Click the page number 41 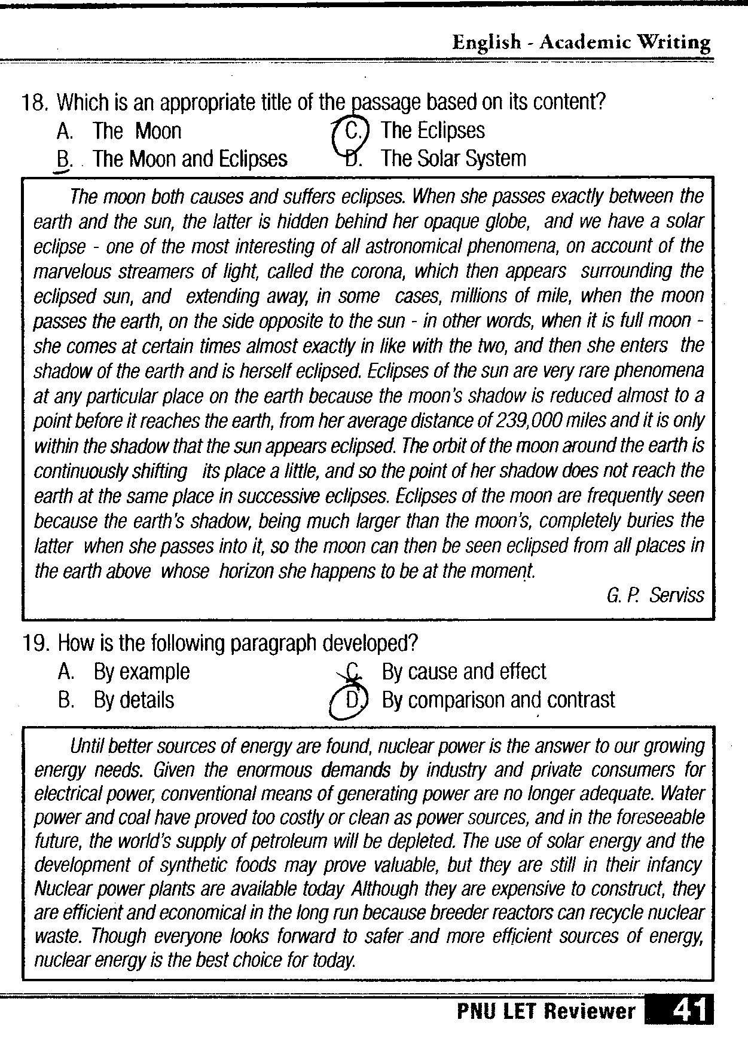[x=688, y=1010]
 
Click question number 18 [x=33, y=103]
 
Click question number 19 [x=33, y=644]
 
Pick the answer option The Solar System [x=454, y=159]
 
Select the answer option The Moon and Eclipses [x=190, y=159]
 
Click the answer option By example [x=142, y=672]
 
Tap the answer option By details [x=134, y=700]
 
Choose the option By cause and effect [x=463, y=672]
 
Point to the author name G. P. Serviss [x=655, y=595]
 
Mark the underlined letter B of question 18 [x=63, y=160]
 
